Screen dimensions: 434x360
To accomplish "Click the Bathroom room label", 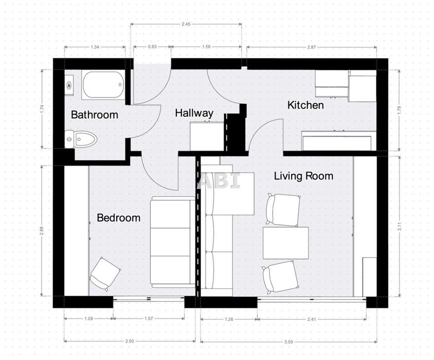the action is tap(95, 115).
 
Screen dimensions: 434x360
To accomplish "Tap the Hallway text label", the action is tap(194, 113).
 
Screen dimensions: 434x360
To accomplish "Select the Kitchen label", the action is tap(305, 105).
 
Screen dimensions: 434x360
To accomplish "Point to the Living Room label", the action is tap(303, 176).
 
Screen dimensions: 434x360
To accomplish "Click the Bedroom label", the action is tap(118, 218).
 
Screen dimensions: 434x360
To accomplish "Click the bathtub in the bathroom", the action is tap(103, 85).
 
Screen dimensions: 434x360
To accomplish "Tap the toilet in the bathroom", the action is tap(81, 139).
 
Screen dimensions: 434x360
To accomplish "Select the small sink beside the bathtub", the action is tap(69, 85).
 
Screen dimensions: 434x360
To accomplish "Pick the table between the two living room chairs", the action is tap(285, 243).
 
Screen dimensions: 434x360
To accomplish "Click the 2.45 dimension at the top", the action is tap(186, 24).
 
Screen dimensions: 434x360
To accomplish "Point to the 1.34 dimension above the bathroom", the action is tap(95, 47).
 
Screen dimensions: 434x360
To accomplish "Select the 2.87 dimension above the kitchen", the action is tap(312, 47).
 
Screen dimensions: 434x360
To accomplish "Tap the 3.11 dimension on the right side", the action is tap(399, 226).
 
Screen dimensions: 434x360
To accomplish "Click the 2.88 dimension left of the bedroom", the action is tap(42, 231).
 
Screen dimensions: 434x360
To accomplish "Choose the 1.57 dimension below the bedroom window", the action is tap(149, 318).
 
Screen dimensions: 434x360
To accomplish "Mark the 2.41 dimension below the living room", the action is tap(312, 319).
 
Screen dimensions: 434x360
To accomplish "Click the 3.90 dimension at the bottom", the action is tap(288, 341).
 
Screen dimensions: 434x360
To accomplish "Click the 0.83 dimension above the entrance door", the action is tap(152, 46).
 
